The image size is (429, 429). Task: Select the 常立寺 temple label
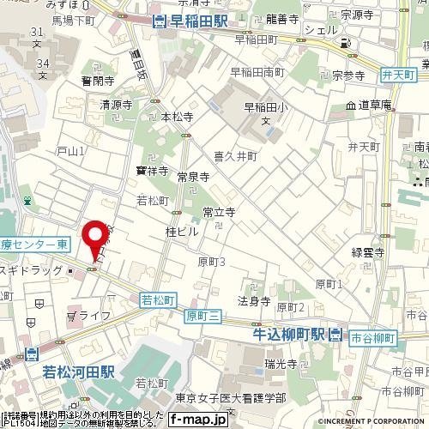coord(219,211)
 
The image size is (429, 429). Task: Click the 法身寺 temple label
coord(254,301)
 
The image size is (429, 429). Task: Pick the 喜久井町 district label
coord(235,156)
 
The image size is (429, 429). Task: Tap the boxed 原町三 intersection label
coord(203,317)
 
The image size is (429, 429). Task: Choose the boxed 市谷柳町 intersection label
coord(371,338)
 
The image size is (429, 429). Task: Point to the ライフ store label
coord(94,316)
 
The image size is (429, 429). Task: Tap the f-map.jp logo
coord(197,420)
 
